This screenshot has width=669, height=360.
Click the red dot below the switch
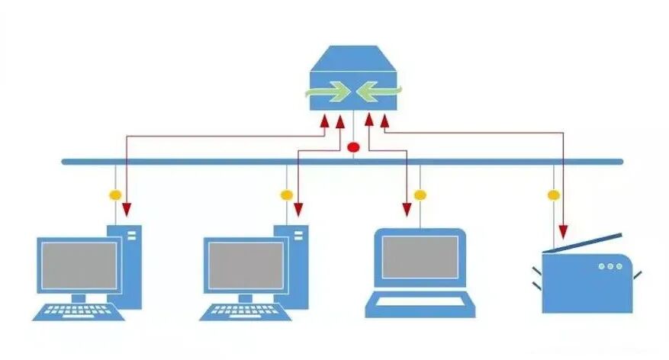pyautogui.click(x=353, y=146)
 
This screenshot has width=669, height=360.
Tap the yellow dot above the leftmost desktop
pyautogui.click(x=116, y=195)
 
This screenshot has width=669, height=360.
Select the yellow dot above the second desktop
pyautogui.click(x=286, y=195)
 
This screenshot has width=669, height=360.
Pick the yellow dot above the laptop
pyautogui.click(x=419, y=195)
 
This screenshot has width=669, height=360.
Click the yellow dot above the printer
pyautogui.click(x=553, y=195)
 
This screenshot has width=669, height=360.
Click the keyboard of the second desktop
pyautogui.click(x=243, y=310)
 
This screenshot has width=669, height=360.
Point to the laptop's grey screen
pyautogui.click(x=420, y=257)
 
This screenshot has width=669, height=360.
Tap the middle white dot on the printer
pyautogui.click(x=609, y=266)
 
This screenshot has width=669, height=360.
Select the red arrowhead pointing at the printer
pyautogui.click(x=564, y=231)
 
